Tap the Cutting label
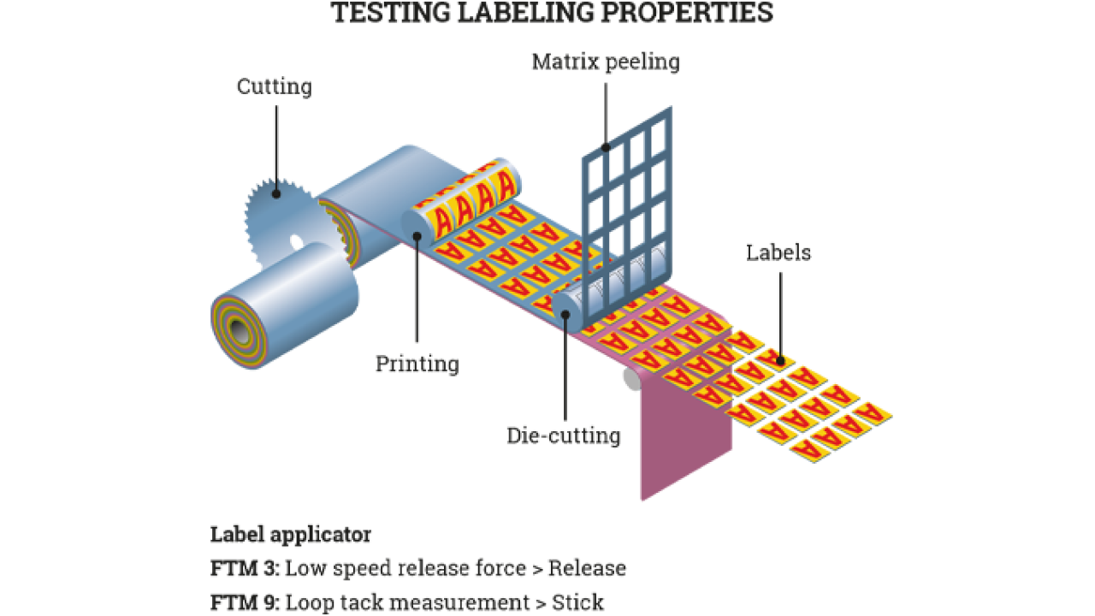pos(274,86)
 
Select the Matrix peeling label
pos(606,62)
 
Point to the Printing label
pos(417,364)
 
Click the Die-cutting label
pos(563,435)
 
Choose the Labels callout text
pos(778,252)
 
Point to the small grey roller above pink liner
pos(631,379)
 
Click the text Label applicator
pos(291,536)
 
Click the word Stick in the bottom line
pos(578,602)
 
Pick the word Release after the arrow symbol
pos(587,569)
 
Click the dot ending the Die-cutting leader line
pos(565,314)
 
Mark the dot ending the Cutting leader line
pos(275,194)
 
